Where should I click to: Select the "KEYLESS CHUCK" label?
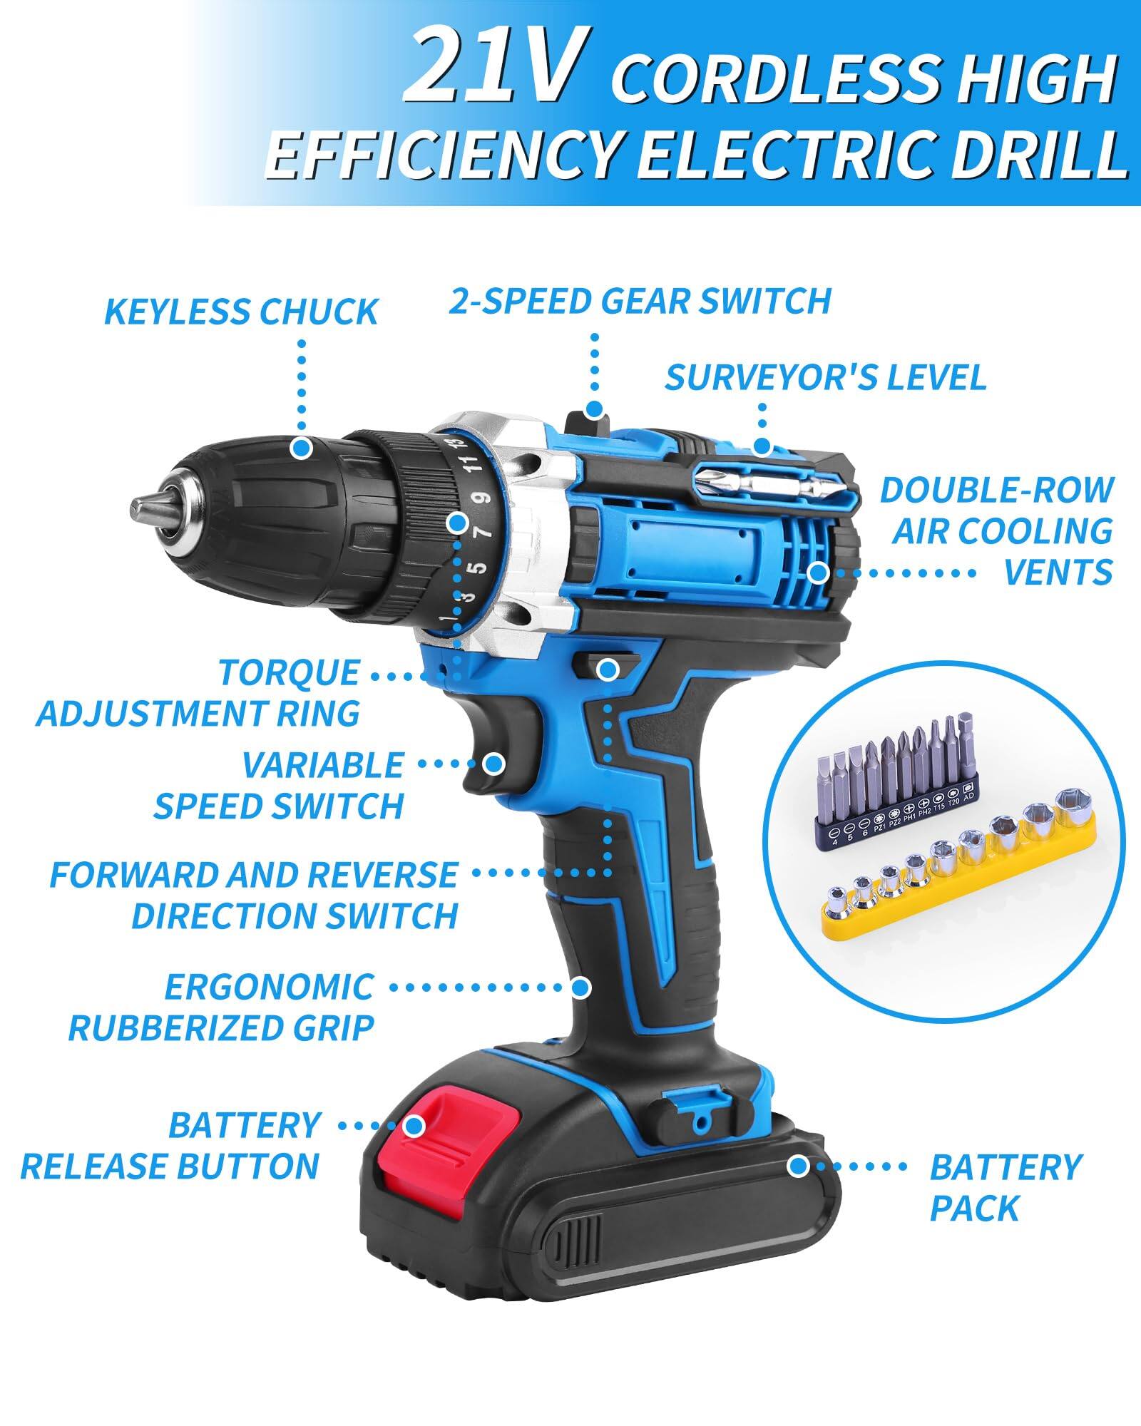(241, 312)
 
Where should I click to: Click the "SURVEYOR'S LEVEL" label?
(825, 377)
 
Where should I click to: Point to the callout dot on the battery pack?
(798, 1166)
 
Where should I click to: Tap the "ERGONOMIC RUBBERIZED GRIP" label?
(221, 1007)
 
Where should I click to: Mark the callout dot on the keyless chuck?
(302, 448)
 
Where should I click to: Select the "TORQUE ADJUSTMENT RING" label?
(198, 693)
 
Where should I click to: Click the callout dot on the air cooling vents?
(818, 572)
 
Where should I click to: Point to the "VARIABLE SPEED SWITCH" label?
(279, 785)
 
